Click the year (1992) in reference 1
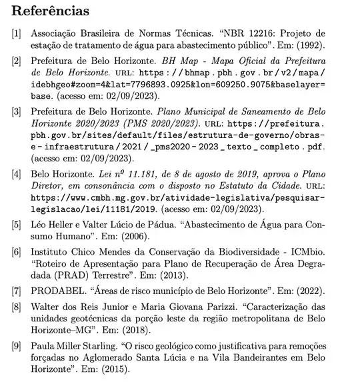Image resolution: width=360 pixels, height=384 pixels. pyautogui.click(x=307, y=46)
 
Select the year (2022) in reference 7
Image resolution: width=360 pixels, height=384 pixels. pyautogui.click(x=309, y=292)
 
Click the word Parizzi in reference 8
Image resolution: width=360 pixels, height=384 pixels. pyautogui.click(x=212, y=307)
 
